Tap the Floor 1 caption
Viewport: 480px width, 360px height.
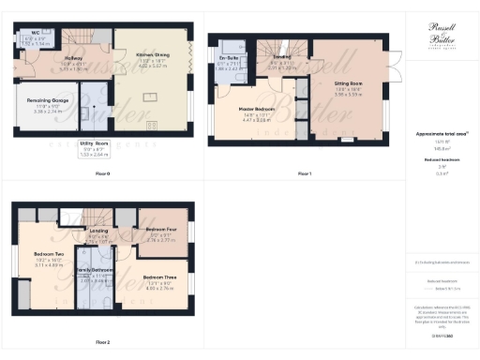[x=304, y=173]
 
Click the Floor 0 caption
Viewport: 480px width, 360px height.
[x=103, y=173]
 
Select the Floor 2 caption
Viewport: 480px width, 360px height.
[x=101, y=342]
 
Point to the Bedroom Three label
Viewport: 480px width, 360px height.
[x=158, y=278]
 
